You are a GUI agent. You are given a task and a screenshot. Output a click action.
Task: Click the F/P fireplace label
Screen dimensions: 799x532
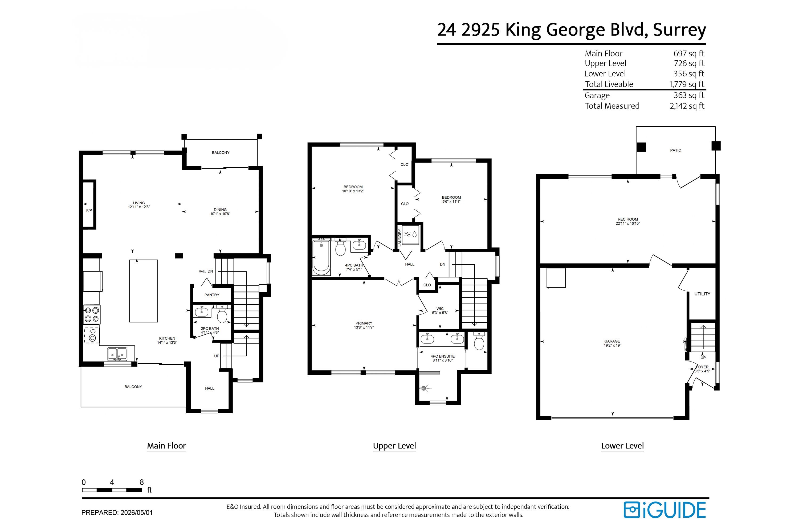pyautogui.click(x=89, y=210)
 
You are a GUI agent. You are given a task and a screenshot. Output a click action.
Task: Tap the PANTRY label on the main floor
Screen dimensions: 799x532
pyautogui.click(x=212, y=295)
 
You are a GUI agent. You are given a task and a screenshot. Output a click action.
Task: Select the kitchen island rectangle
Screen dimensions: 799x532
pyautogui.click(x=143, y=291)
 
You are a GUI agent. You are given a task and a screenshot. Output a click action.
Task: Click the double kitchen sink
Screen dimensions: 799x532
pyautogui.click(x=117, y=354)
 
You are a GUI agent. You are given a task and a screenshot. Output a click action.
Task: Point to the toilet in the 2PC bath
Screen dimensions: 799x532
pyautogui.click(x=222, y=314)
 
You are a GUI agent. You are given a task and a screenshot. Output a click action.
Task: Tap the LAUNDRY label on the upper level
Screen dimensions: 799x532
pyautogui.click(x=399, y=237)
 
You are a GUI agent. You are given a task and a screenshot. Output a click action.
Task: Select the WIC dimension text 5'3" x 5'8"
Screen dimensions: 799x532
pyautogui.click(x=440, y=313)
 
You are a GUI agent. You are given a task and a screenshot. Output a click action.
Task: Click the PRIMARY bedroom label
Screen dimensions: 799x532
pyautogui.click(x=364, y=323)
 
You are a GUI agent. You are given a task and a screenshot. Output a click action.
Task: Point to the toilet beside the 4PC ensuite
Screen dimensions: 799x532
pyautogui.click(x=479, y=341)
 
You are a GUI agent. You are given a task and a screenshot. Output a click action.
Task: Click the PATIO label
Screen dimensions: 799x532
pyautogui.click(x=675, y=150)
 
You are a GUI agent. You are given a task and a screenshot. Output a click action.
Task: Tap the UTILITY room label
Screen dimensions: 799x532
pyautogui.click(x=702, y=294)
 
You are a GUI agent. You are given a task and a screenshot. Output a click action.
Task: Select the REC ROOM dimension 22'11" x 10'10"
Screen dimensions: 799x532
pyautogui.click(x=628, y=224)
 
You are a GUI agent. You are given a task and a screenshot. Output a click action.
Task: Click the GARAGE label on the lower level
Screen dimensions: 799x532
pyautogui.click(x=612, y=341)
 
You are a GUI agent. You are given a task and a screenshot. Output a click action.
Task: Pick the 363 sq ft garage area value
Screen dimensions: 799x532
pyautogui.click(x=689, y=95)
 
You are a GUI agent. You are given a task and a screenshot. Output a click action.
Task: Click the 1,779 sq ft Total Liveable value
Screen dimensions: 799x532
pyautogui.click(x=687, y=84)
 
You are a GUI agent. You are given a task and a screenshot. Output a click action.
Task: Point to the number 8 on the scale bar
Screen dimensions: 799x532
pyautogui.click(x=142, y=482)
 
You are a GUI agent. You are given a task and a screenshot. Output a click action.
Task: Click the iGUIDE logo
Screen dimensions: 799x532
pyautogui.click(x=665, y=510)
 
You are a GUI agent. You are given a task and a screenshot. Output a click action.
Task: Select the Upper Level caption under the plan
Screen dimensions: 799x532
pyautogui.click(x=394, y=446)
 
